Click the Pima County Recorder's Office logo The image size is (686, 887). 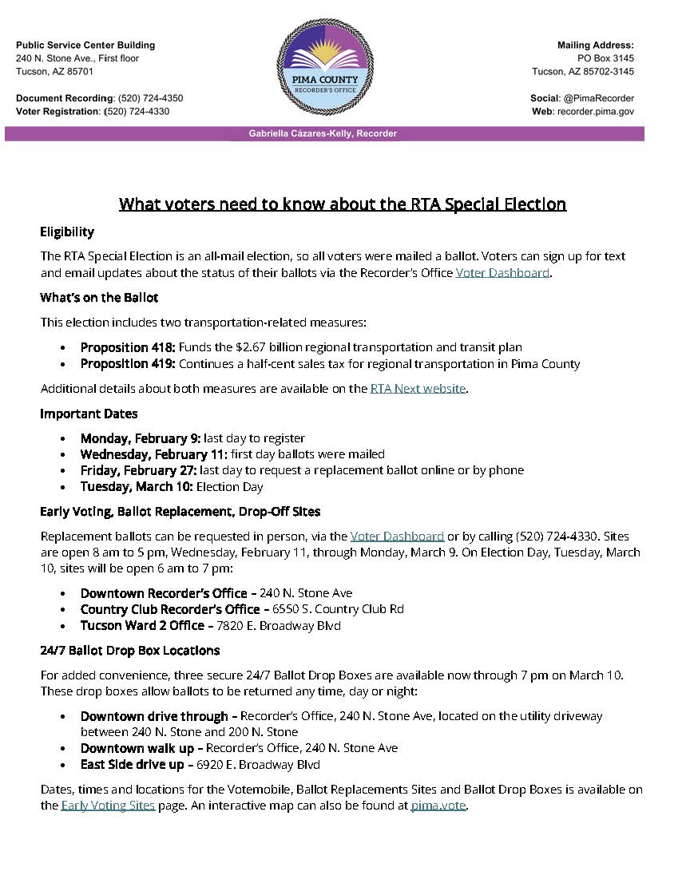coord(324,67)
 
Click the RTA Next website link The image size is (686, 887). coord(418,389)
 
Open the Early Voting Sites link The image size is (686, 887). coord(108,805)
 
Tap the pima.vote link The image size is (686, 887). coord(438,805)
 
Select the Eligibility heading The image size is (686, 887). coord(67,232)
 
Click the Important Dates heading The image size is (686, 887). coord(89,414)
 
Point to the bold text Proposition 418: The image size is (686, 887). coord(128,347)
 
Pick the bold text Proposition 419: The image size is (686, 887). coord(128,364)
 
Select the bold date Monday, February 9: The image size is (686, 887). coord(140,438)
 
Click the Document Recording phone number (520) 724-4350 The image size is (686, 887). coord(150,98)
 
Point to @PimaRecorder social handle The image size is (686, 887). coord(598,98)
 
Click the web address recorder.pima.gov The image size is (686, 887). coord(596,112)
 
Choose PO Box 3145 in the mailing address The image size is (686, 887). coord(605,58)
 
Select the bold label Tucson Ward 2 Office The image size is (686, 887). coord(142,626)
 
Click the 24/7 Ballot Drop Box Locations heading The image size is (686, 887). coord(129,651)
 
